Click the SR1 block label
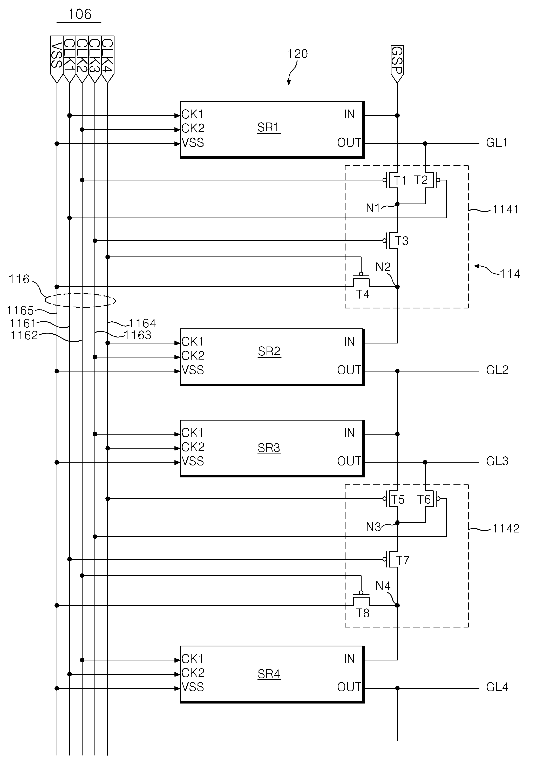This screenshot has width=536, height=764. coord(269,127)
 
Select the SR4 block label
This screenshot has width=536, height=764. coord(269,674)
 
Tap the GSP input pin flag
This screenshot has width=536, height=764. coord(397,64)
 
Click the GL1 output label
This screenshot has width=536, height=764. coord(497,143)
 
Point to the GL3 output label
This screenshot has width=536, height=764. coord(497,461)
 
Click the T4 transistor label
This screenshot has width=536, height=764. coord(363,294)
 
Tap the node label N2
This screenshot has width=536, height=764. coord(383,267)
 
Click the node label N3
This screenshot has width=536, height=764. coord(373,527)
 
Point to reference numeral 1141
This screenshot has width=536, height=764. coord(505,209)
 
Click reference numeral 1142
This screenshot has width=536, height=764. coord(505,528)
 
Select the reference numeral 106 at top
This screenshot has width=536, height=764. coord(79,14)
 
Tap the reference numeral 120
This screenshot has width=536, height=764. coord(297,53)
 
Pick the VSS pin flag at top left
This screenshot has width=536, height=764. coord(57,59)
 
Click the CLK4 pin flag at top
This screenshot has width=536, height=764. coord(107,59)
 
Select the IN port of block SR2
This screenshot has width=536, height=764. coord(349,342)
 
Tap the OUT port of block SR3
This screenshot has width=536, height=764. coord(349,461)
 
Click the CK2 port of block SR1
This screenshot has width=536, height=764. coord(193,128)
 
